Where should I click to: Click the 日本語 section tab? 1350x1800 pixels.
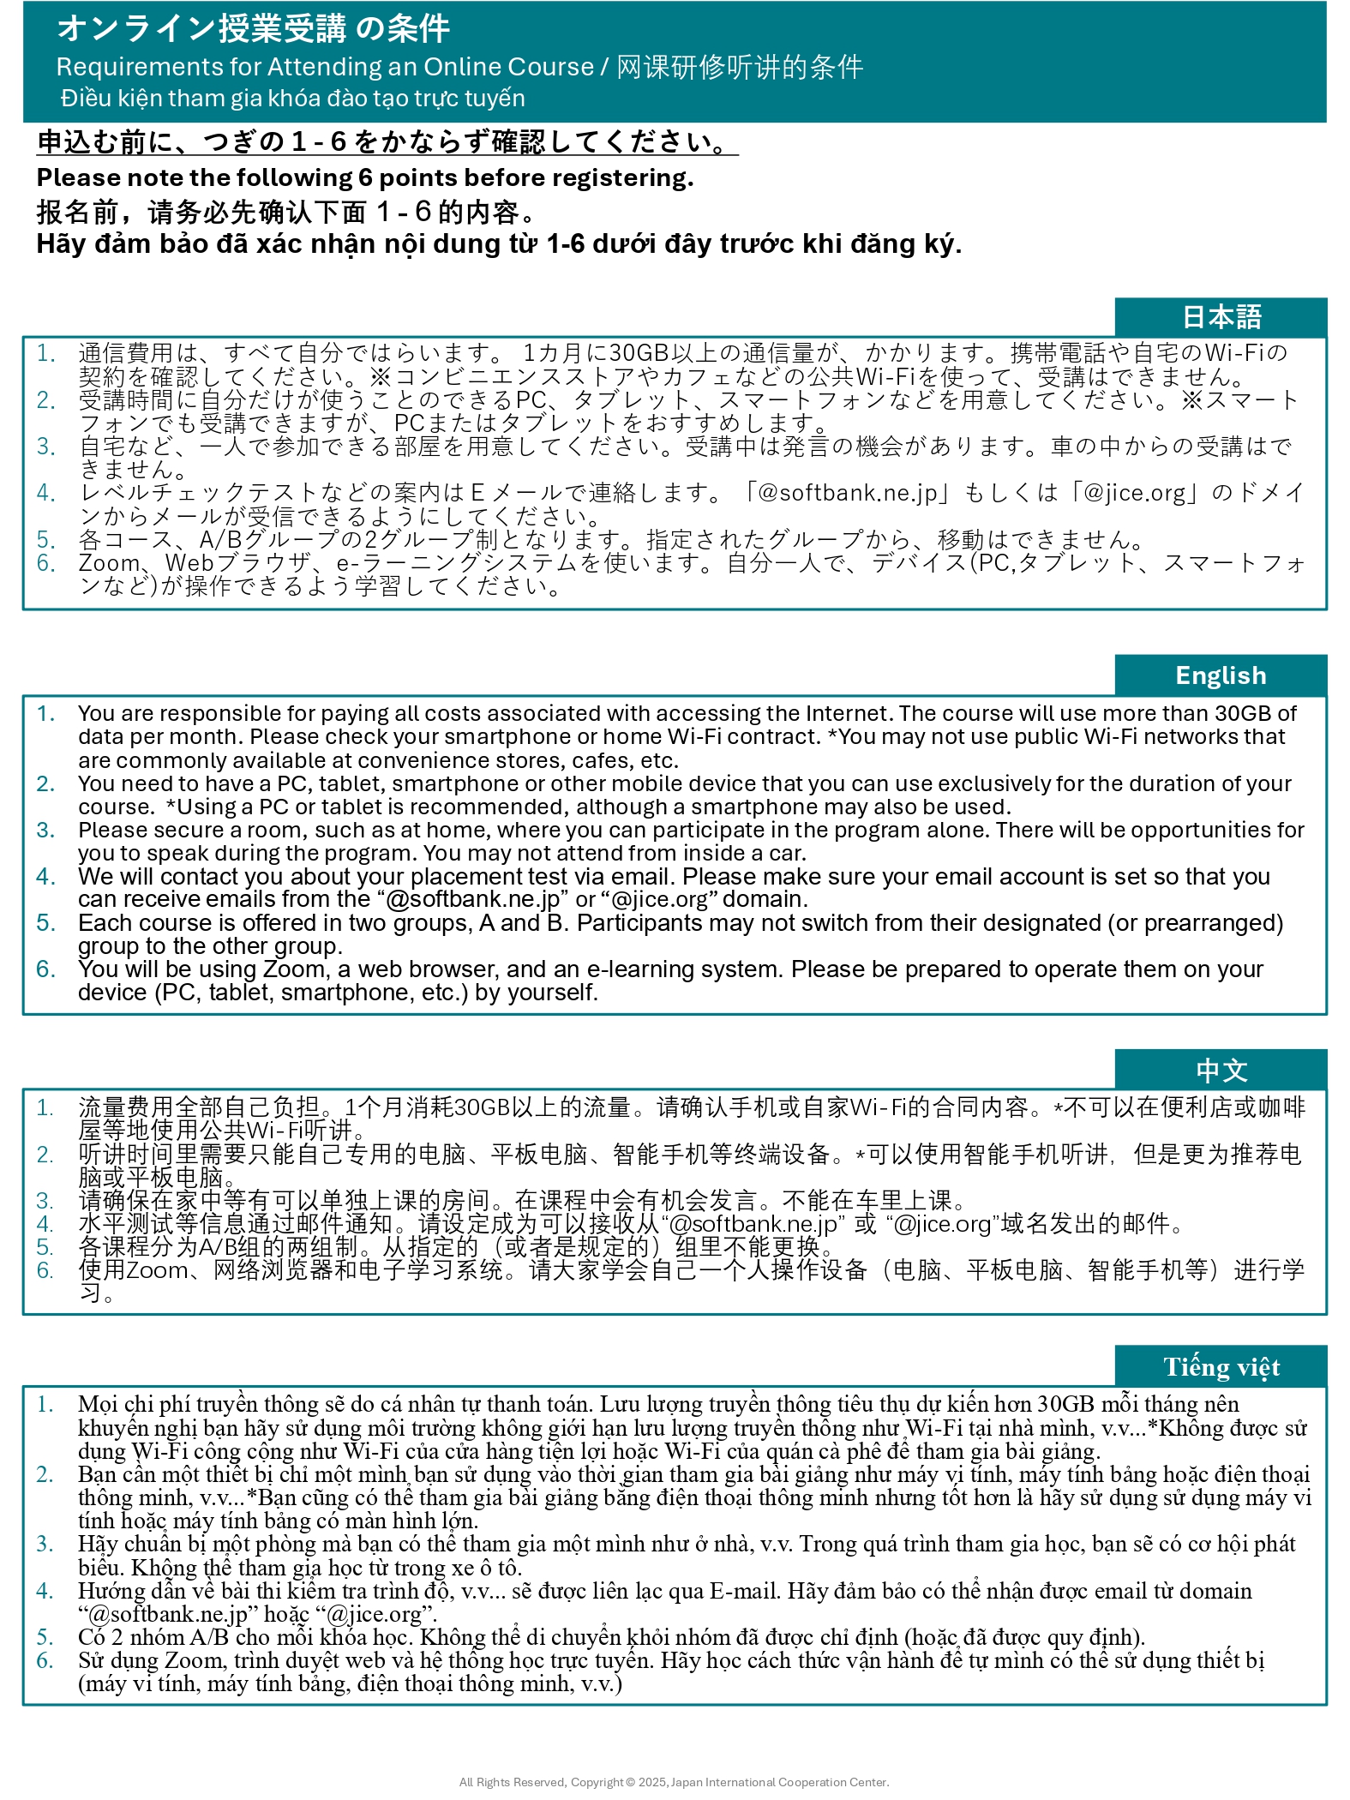coord(1221,317)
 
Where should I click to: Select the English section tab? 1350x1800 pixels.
coord(1221,675)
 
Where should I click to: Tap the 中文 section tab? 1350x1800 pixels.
coord(1221,1070)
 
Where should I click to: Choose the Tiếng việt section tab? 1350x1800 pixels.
coord(1221,1367)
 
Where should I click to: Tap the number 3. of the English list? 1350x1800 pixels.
coord(45,831)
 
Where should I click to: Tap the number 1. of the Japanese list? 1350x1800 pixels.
coord(45,353)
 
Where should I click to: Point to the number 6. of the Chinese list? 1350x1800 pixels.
coord(45,1270)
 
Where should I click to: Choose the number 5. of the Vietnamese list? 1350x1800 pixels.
coord(45,1637)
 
